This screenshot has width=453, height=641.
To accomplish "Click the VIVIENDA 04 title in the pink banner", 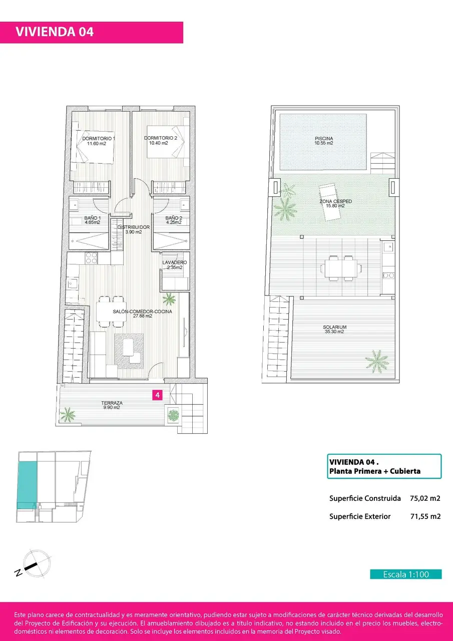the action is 55,32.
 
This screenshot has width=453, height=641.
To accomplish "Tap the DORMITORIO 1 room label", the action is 99,139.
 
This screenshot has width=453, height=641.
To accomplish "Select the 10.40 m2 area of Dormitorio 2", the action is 159,143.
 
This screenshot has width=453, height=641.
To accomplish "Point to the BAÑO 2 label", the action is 174,218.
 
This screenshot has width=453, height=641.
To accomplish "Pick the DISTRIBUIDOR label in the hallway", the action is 134,227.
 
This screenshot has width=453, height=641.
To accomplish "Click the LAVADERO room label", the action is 175,262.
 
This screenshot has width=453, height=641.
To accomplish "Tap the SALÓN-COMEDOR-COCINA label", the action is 143,311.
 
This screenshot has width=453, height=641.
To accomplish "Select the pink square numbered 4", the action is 157,395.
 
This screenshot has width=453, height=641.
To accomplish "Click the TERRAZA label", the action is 112,403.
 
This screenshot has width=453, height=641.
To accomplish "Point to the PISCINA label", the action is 324,139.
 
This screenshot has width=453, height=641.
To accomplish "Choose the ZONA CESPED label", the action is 336,201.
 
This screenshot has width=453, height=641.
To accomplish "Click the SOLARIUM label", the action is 334,327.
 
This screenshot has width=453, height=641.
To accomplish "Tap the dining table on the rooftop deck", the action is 340,268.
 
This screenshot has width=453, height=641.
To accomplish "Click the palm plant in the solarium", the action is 377,362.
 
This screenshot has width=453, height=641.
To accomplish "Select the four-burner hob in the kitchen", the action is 92,258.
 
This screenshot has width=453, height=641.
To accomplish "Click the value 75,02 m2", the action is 425,498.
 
